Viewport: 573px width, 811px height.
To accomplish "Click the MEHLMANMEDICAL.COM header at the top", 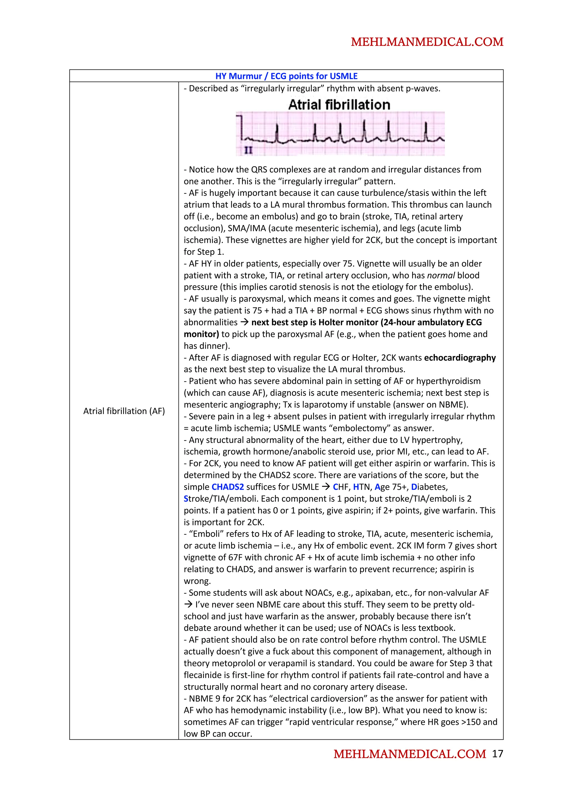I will click(x=427, y=42).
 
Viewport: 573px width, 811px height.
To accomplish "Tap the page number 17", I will click(x=497, y=754).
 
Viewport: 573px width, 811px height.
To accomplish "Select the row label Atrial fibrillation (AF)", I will click(x=124, y=411).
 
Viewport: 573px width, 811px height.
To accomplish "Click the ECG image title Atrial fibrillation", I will click(x=339, y=105).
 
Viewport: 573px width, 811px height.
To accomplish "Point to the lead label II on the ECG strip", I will click(x=248, y=151).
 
